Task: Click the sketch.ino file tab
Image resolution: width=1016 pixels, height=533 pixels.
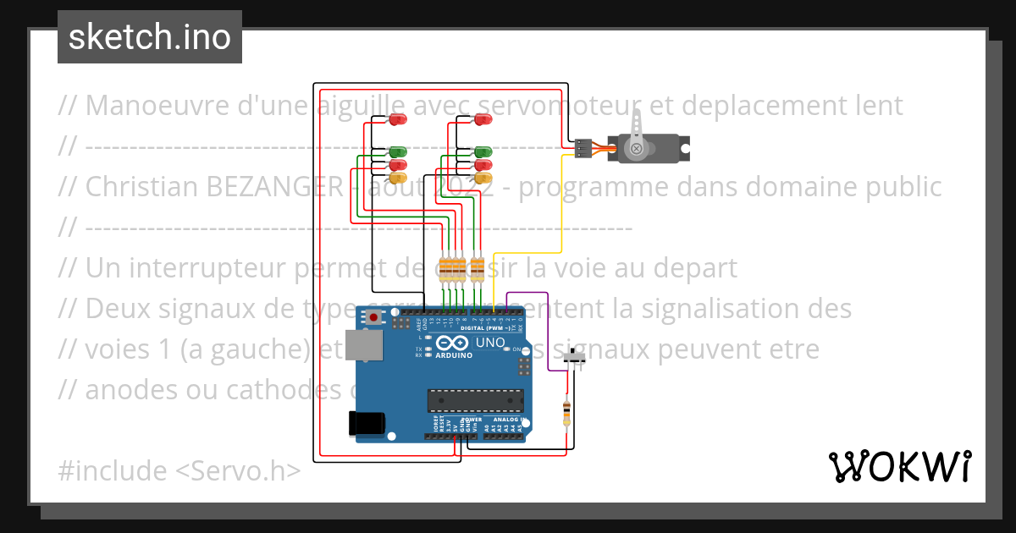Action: (149, 37)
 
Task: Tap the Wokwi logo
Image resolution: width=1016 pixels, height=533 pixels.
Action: (899, 466)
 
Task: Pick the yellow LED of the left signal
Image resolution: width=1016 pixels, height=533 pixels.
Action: (397, 178)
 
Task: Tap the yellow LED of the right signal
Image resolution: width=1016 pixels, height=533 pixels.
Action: (483, 178)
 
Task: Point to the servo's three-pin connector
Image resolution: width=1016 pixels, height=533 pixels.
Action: (583, 149)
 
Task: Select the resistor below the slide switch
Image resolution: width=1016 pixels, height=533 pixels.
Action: (566, 414)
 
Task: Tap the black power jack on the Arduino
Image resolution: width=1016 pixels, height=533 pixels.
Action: (368, 423)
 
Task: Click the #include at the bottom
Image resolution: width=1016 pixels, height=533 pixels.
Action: (113, 470)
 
